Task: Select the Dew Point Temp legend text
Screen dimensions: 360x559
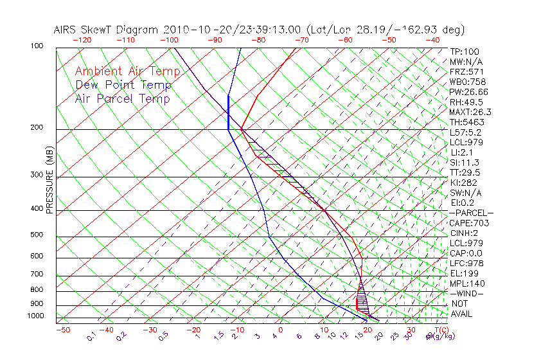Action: (x=123, y=85)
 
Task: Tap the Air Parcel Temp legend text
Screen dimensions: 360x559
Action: (x=122, y=98)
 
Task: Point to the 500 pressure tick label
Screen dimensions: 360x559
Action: (x=36, y=235)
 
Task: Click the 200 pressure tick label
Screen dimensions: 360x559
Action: (x=36, y=128)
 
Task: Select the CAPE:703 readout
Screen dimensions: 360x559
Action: (x=469, y=223)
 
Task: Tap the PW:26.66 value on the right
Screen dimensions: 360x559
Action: (x=469, y=92)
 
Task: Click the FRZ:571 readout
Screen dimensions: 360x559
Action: (x=466, y=72)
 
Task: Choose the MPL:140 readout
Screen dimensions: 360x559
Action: (x=467, y=283)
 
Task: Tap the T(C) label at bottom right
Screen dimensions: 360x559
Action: (x=441, y=330)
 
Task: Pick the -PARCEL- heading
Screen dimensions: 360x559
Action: (x=471, y=213)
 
